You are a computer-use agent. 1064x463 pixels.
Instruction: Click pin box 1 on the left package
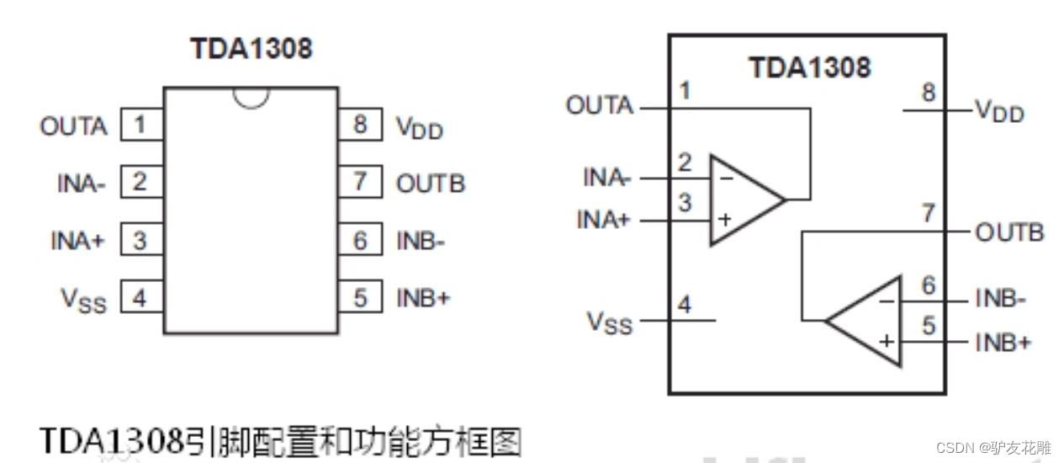coord(140,126)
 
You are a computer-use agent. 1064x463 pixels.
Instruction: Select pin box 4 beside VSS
coord(140,297)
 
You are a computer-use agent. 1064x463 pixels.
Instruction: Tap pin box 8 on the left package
coord(360,126)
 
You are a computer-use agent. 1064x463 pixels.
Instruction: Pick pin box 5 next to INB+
coord(360,297)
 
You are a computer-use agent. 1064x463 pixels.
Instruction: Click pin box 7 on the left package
coord(360,183)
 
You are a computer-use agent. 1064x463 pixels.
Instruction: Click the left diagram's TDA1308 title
coord(251,48)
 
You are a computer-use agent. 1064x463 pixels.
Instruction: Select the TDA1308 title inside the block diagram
coord(810,67)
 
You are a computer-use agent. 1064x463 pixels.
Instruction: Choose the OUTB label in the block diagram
coord(1009,232)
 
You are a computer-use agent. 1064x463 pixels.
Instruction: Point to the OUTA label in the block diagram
coord(599,106)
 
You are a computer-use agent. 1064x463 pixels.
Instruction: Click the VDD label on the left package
coord(419,128)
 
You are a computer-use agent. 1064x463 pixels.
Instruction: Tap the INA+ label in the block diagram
coord(603,221)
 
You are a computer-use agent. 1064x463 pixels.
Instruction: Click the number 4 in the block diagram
coord(685,306)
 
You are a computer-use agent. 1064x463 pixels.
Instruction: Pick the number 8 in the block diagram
coord(928,93)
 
